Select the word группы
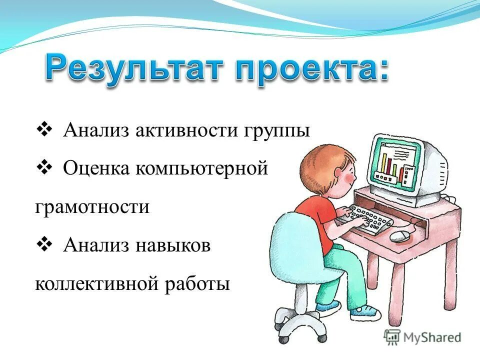tap(277, 131)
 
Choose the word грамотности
tap(92, 207)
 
